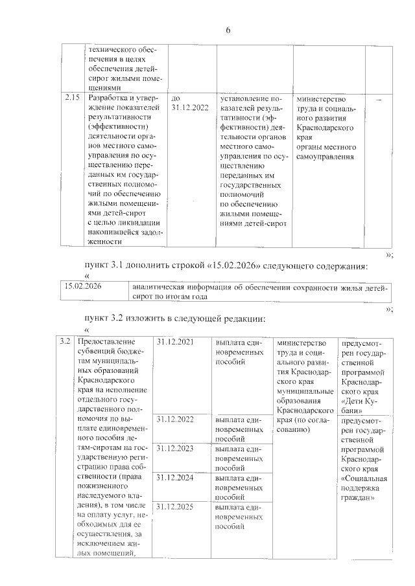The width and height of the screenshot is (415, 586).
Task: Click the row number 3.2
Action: click(x=64, y=341)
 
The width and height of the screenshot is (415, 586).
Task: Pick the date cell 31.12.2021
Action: click(x=175, y=341)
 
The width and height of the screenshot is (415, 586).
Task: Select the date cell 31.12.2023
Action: click(x=175, y=448)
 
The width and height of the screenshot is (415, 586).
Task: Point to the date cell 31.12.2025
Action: click(x=175, y=505)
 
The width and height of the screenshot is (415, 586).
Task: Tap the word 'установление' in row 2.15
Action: click(x=246, y=99)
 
